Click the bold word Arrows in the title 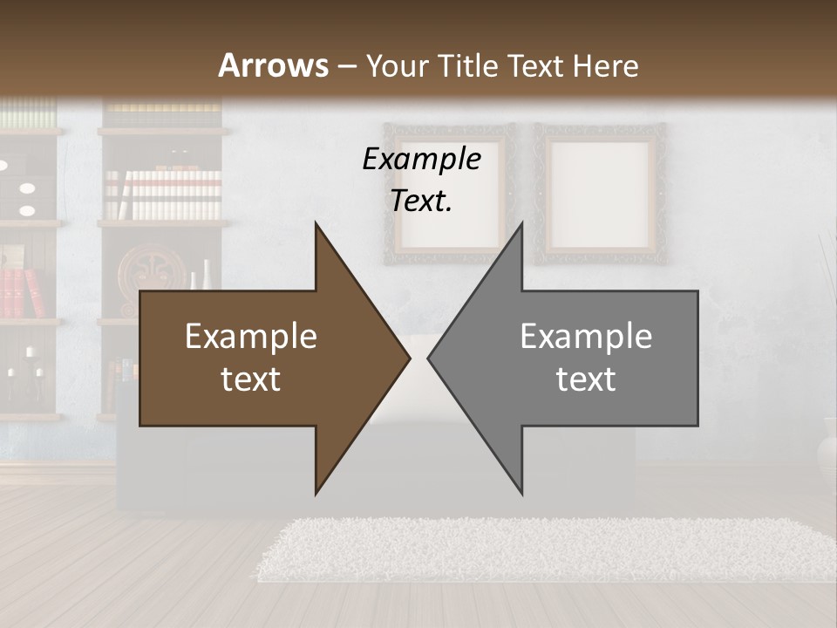click(x=274, y=65)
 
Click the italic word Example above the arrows click(x=421, y=160)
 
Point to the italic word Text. click(x=421, y=201)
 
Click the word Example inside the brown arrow click(x=251, y=337)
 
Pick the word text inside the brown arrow click(x=251, y=379)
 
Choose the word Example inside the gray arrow click(x=586, y=337)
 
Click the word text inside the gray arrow click(x=586, y=379)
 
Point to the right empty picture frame click(x=600, y=194)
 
